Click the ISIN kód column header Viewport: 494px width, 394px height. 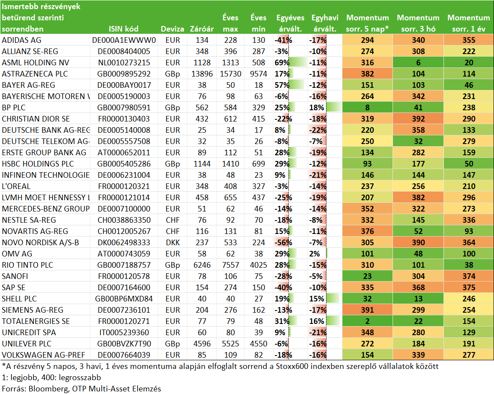pyautogui.click(x=123, y=29)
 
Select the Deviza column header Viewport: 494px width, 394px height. pyautogui.click(x=172, y=29)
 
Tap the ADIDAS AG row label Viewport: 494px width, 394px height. pyautogui.click(x=22, y=40)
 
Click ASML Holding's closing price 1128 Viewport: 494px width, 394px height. pyautogui.click(x=202, y=62)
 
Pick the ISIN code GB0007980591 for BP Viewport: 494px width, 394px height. pyautogui.click(x=124, y=108)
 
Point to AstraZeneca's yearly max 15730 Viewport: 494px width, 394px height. pyautogui.click(x=231, y=74)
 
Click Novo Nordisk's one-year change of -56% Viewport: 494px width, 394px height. pyautogui.click(x=283, y=243)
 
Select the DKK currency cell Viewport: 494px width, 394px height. pyautogui.click(x=173, y=243)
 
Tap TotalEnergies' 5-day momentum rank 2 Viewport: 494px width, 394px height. pyautogui.click(x=367, y=321)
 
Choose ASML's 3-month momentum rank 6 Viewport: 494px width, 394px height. pyautogui.click(x=418, y=62)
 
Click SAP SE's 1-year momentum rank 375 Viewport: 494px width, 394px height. pyautogui.click(x=469, y=287)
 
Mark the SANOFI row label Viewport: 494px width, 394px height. pyautogui.click(x=15, y=276)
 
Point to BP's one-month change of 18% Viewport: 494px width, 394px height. pyautogui.click(x=317, y=108)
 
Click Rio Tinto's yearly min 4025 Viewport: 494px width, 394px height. pyautogui.click(x=258, y=265)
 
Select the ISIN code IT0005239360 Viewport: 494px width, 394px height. pyautogui.click(x=124, y=333)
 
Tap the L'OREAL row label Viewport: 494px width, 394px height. pyautogui.click(x=16, y=186)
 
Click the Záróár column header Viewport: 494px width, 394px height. pyautogui.click(x=202, y=29)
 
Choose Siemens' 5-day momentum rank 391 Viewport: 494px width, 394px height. pyautogui.click(x=367, y=310)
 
